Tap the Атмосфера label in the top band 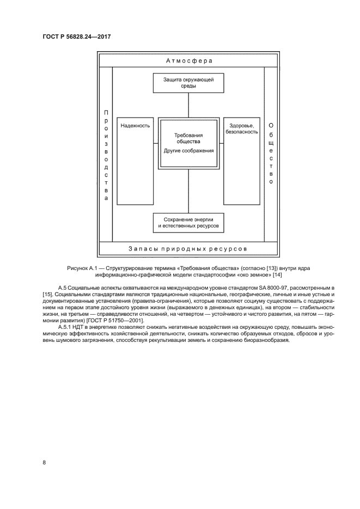pos(188,60)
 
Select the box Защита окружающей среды pos(188,82)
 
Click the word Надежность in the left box pos(136,126)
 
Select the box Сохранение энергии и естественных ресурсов pos(188,221)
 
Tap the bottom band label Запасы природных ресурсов pos(188,248)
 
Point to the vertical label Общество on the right pos(271,154)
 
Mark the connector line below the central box pos(188,191)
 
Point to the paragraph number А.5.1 pos(66,327)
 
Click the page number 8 pos(44,463)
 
